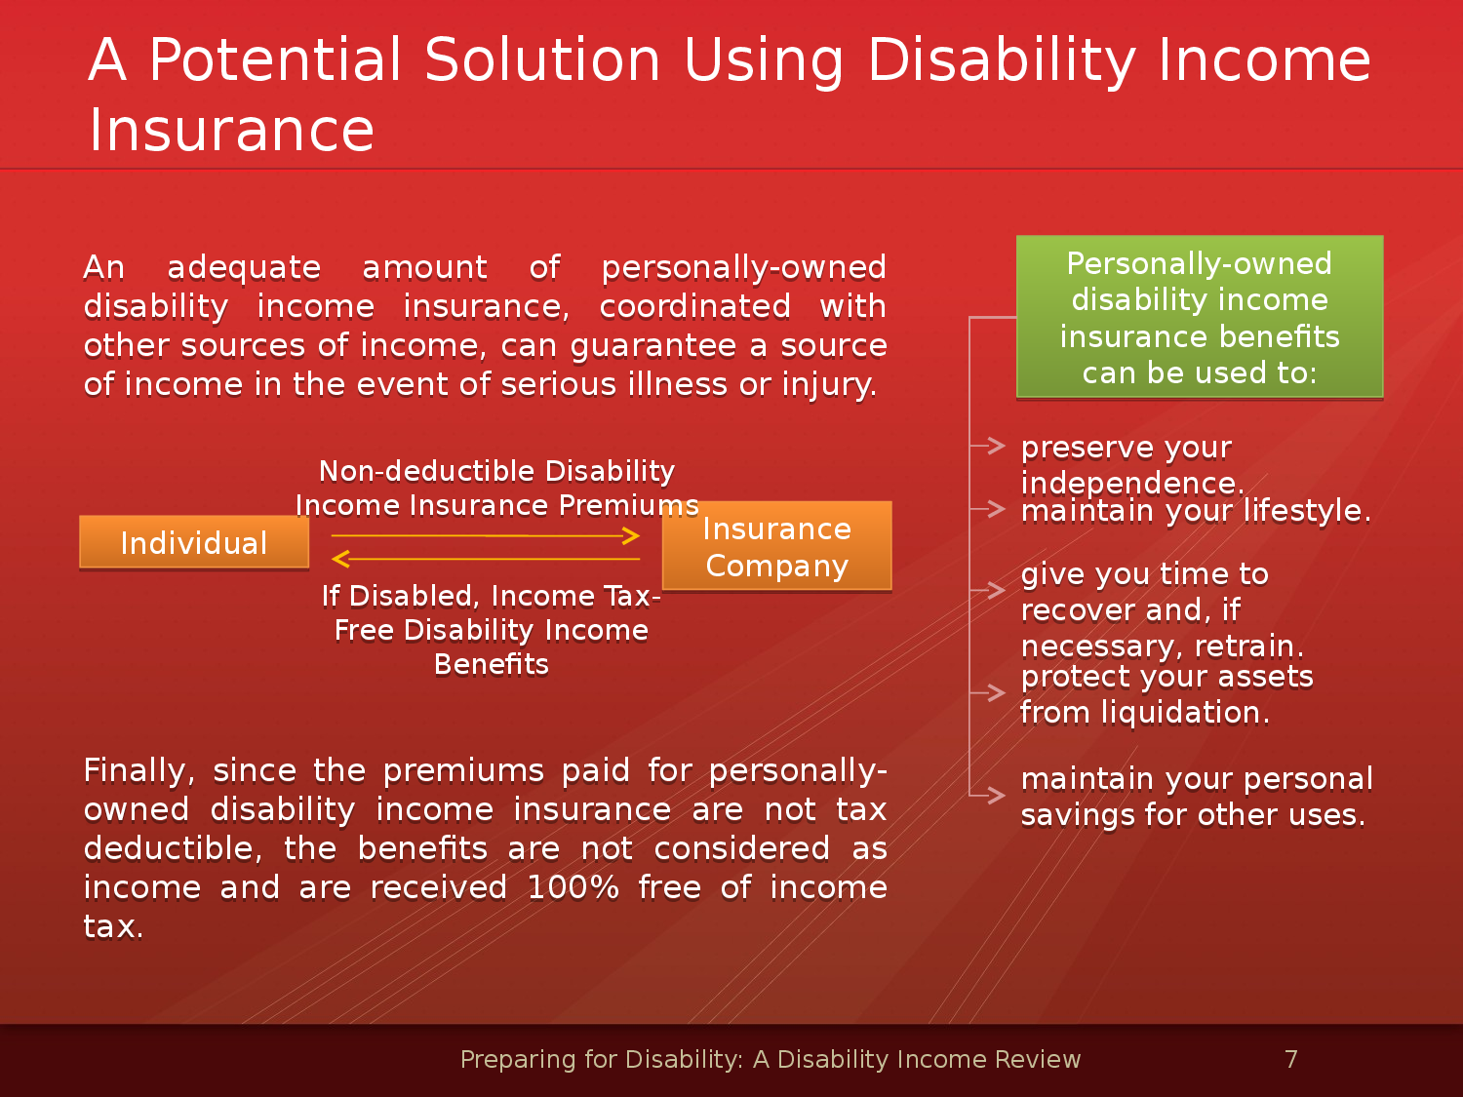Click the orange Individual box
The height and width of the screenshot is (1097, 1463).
click(x=194, y=542)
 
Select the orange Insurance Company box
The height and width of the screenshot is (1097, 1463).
click(x=777, y=546)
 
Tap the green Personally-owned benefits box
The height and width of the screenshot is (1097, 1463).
click(x=1200, y=317)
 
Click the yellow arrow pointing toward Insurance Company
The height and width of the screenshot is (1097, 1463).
click(x=485, y=535)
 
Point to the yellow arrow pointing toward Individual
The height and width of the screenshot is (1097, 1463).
click(x=485, y=559)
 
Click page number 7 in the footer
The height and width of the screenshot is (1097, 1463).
click(x=1291, y=1059)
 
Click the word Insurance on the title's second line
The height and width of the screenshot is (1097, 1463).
click(x=231, y=130)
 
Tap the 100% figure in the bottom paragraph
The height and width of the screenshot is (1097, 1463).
click(x=573, y=888)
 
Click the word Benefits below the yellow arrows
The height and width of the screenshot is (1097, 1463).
click(x=492, y=664)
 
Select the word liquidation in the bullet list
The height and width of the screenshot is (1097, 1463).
click(x=1186, y=713)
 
